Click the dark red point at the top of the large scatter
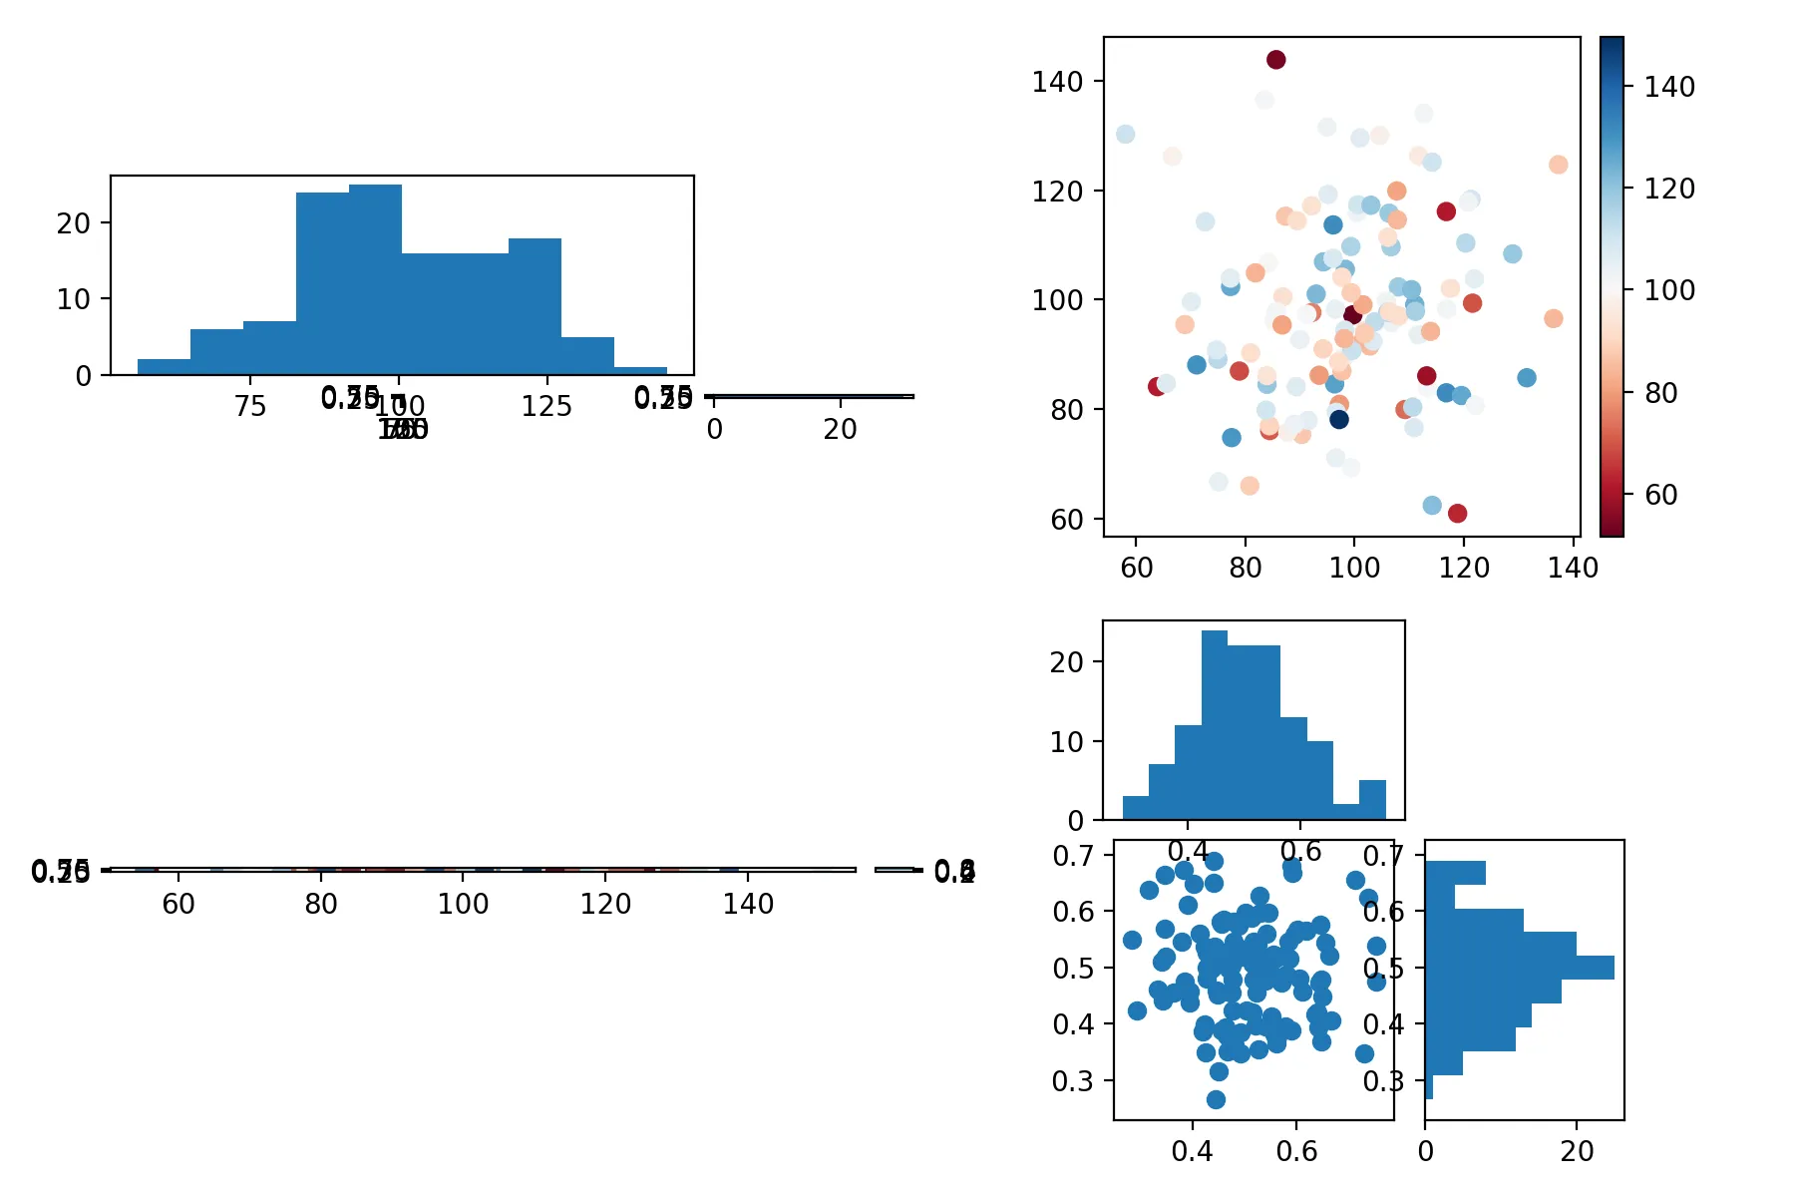pyautogui.click(x=1275, y=60)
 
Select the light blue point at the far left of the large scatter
pyautogui.click(x=1125, y=135)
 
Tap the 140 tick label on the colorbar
pyautogui.click(x=1669, y=88)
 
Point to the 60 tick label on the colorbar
pyautogui.click(x=1660, y=495)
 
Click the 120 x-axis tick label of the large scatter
pyautogui.click(x=1464, y=568)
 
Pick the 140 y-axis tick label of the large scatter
pyautogui.click(x=1057, y=82)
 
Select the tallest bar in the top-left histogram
pyautogui.click(x=375, y=279)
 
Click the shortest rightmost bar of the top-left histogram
pyautogui.click(x=640, y=371)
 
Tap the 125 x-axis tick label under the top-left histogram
pyautogui.click(x=546, y=407)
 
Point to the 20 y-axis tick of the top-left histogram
pyautogui.click(x=74, y=223)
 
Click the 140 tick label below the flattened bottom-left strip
pyautogui.click(x=748, y=904)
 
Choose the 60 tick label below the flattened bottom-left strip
pyautogui.click(x=179, y=904)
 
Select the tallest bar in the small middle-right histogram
pyautogui.click(x=1215, y=725)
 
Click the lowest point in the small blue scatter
pyautogui.click(x=1216, y=1099)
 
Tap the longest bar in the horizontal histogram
pyautogui.click(x=1519, y=968)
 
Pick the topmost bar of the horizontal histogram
pyautogui.click(x=1455, y=873)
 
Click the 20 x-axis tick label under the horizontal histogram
pyautogui.click(x=1577, y=1151)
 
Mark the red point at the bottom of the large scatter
pyautogui.click(x=1457, y=514)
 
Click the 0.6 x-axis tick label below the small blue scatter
pyautogui.click(x=1296, y=1151)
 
